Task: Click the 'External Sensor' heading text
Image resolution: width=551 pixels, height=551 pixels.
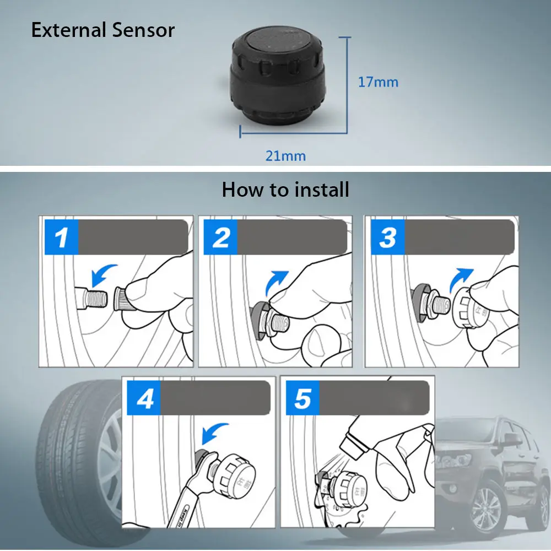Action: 102,30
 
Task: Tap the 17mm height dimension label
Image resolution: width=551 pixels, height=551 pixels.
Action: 378,82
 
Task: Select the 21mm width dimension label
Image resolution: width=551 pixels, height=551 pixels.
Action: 285,155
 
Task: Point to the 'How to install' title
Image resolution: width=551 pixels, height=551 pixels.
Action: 285,190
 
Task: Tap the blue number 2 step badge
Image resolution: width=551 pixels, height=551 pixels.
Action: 220,237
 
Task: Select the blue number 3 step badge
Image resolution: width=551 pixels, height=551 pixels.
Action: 387,237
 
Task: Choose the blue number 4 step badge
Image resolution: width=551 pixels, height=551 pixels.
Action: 145,399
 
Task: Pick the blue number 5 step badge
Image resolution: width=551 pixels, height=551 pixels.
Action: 302,399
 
